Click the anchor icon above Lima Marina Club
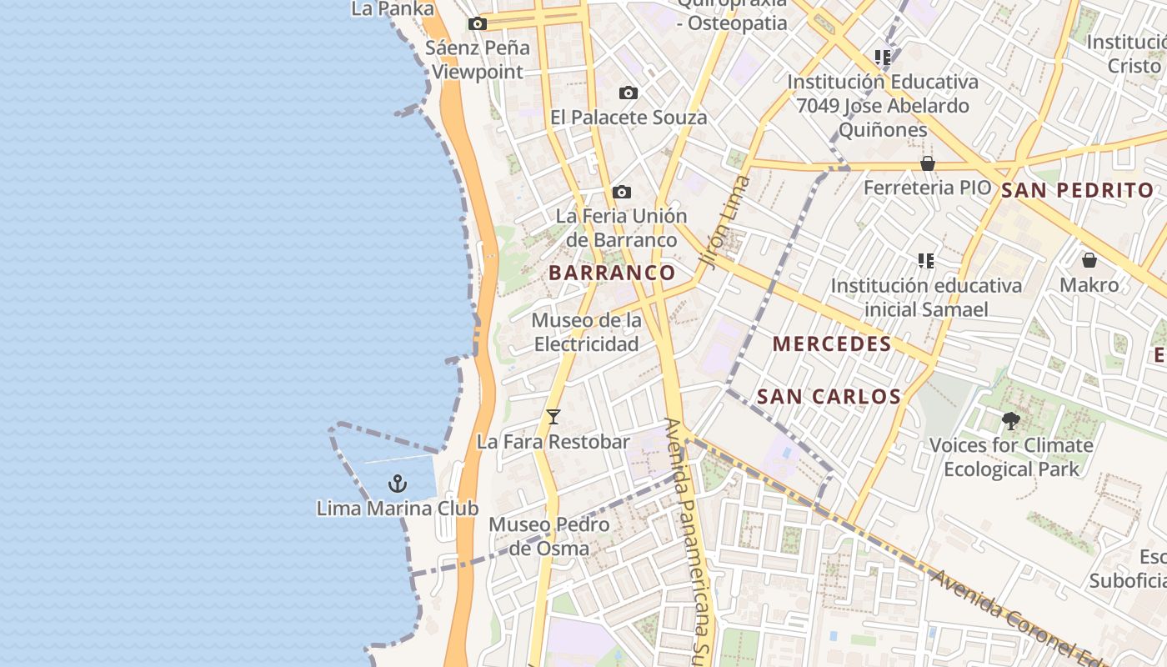(398, 484)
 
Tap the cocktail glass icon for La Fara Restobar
(553, 417)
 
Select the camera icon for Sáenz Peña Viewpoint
(477, 23)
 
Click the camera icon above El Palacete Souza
(629, 93)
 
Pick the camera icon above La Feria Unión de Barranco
(621, 193)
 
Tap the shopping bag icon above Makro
(1089, 260)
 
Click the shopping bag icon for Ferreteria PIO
(928, 163)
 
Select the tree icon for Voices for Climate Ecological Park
(1011, 421)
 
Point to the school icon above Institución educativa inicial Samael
(925, 261)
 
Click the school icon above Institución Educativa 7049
(883, 58)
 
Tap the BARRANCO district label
(613, 273)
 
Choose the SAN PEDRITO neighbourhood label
(1077, 190)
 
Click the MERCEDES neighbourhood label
(832, 344)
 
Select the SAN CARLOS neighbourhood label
(829, 397)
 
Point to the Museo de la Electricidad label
(587, 332)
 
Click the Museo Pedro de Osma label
(549, 536)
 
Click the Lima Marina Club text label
(398, 508)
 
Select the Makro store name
(1089, 285)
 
